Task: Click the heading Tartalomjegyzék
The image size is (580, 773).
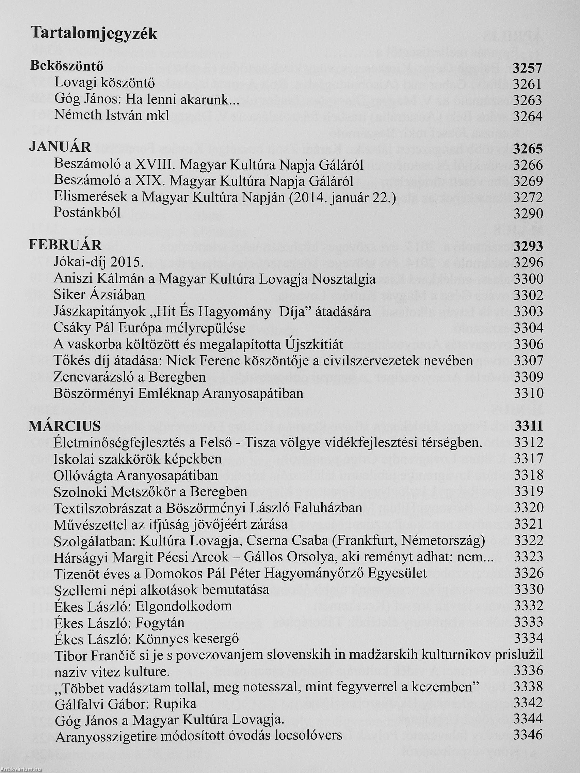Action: pos(94,34)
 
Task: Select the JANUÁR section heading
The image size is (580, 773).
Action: pos(60,147)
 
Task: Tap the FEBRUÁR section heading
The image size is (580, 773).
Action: pos(65,245)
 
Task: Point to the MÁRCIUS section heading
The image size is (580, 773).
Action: pos(65,426)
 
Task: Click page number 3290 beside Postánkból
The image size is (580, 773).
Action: pos(528,214)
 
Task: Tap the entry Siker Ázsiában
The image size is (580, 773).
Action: pos(99,295)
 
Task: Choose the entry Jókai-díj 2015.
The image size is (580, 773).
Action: pos(99,262)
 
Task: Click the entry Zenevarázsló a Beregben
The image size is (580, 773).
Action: pos(129,377)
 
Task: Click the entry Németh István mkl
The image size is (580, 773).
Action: pos(112,115)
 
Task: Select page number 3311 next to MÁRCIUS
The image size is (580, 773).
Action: pos(529,426)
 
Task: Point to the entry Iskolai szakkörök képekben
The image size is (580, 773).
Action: pos(138,459)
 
